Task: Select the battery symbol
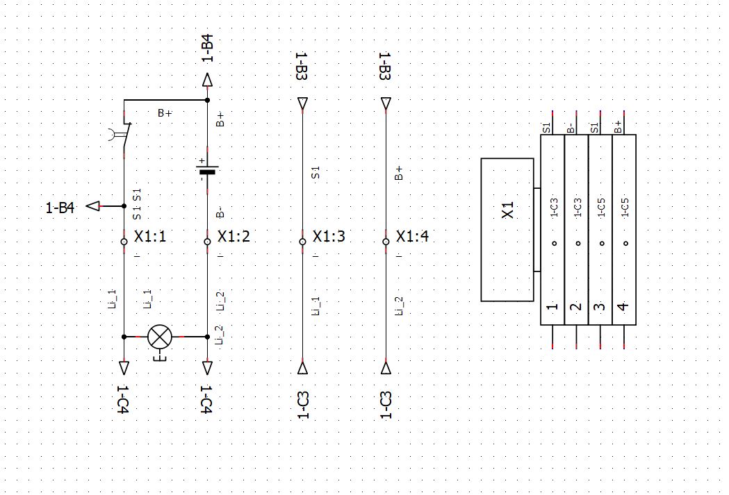coord(207,169)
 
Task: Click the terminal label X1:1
coord(150,237)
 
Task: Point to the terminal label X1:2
coord(234,237)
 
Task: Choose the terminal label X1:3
coord(329,237)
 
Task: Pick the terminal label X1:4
coord(412,237)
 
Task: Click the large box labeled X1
coord(507,230)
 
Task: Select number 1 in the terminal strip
coord(552,306)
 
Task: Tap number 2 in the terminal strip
coord(576,306)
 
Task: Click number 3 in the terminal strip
coord(600,306)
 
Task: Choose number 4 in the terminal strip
coord(624,306)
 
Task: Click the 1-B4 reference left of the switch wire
coord(60,207)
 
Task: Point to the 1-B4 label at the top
coord(207,49)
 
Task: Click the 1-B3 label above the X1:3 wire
coord(302,68)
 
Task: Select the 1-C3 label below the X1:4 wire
coord(386,405)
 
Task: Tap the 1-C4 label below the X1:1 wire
coord(124,401)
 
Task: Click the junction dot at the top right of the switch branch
coord(207,101)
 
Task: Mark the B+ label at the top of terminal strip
coord(619,126)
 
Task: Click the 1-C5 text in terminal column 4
coord(624,208)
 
